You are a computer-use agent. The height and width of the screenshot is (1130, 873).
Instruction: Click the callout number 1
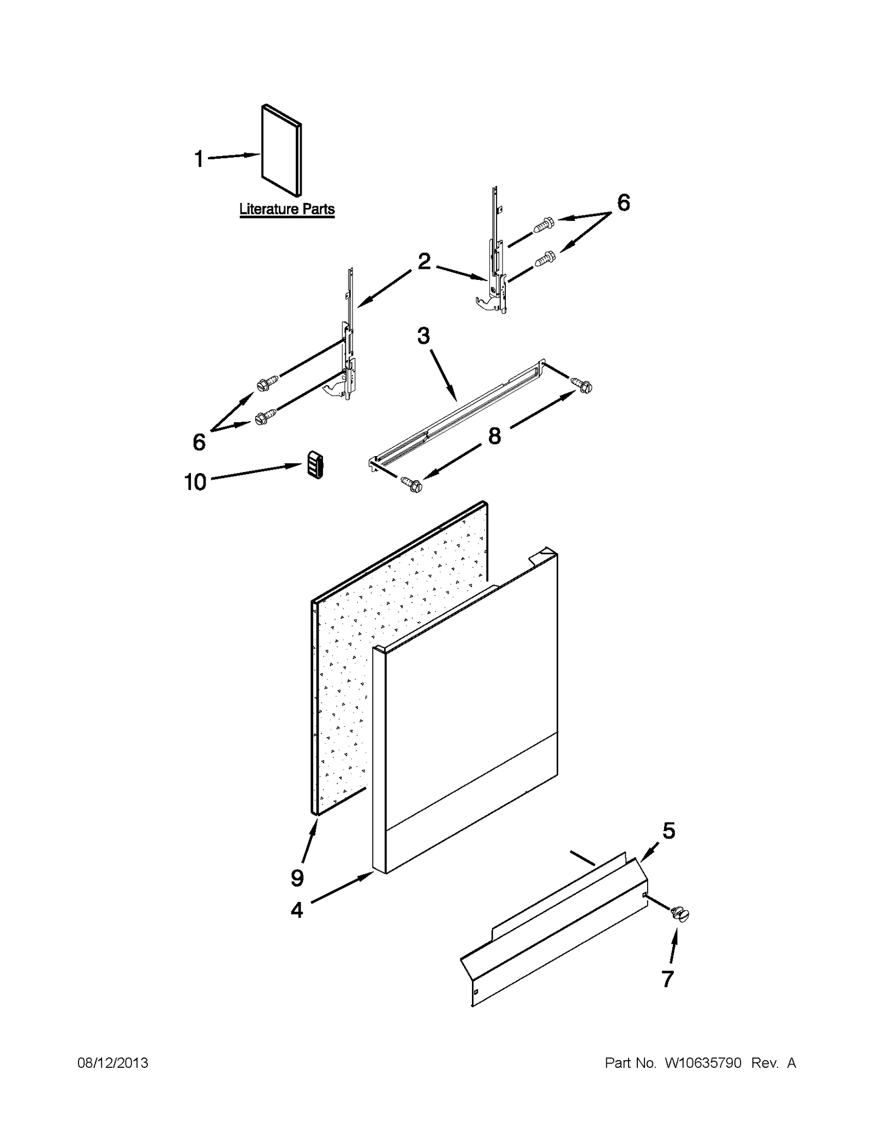click(199, 159)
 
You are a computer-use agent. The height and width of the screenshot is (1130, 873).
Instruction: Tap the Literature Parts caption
click(287, 209)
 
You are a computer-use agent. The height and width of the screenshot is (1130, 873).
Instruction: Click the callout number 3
click(423, 336)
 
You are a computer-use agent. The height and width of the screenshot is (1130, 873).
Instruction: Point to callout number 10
click(195, 482)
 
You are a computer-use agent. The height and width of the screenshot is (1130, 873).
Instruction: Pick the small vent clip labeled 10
click(314, 465)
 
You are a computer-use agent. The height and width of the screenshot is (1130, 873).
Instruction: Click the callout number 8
click(494, 435)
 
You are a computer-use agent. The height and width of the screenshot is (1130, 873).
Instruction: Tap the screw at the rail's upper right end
click(582, 385)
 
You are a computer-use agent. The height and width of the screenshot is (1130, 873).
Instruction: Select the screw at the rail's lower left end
click(411, 483)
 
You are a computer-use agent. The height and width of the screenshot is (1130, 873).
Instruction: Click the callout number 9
click(297, 878)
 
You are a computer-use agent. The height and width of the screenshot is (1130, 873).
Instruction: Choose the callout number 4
click(296, 910)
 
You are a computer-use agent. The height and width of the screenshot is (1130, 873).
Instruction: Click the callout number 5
click(669, 830)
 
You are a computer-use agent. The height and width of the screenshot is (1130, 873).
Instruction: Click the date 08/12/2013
click(113, 1063)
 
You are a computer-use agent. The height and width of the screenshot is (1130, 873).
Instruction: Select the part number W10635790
click(703, 1063)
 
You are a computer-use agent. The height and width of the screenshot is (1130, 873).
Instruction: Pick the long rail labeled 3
click(458, 415)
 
